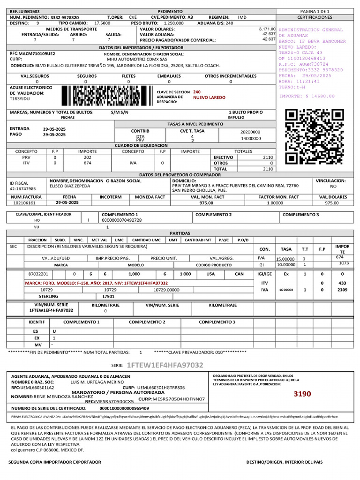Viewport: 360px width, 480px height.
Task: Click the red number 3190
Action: coord(302,394)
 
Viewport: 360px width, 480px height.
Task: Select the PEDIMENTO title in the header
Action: coord(166,10)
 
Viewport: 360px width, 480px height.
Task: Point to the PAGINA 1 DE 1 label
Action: coord(315,10)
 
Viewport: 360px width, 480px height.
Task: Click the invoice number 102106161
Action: coord(24,203)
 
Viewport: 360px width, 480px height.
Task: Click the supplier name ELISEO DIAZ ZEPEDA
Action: coord(71,186)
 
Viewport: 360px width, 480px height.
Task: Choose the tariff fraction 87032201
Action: coord(38,274)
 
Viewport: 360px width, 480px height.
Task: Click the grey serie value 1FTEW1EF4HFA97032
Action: coord(165,365)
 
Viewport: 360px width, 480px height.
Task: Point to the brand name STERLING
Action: coord(48,296)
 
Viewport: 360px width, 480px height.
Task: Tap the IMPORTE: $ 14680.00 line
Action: coord(307,96)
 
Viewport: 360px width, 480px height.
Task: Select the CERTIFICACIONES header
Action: coord(315,17)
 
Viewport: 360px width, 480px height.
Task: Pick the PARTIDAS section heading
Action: coord(180,233)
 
